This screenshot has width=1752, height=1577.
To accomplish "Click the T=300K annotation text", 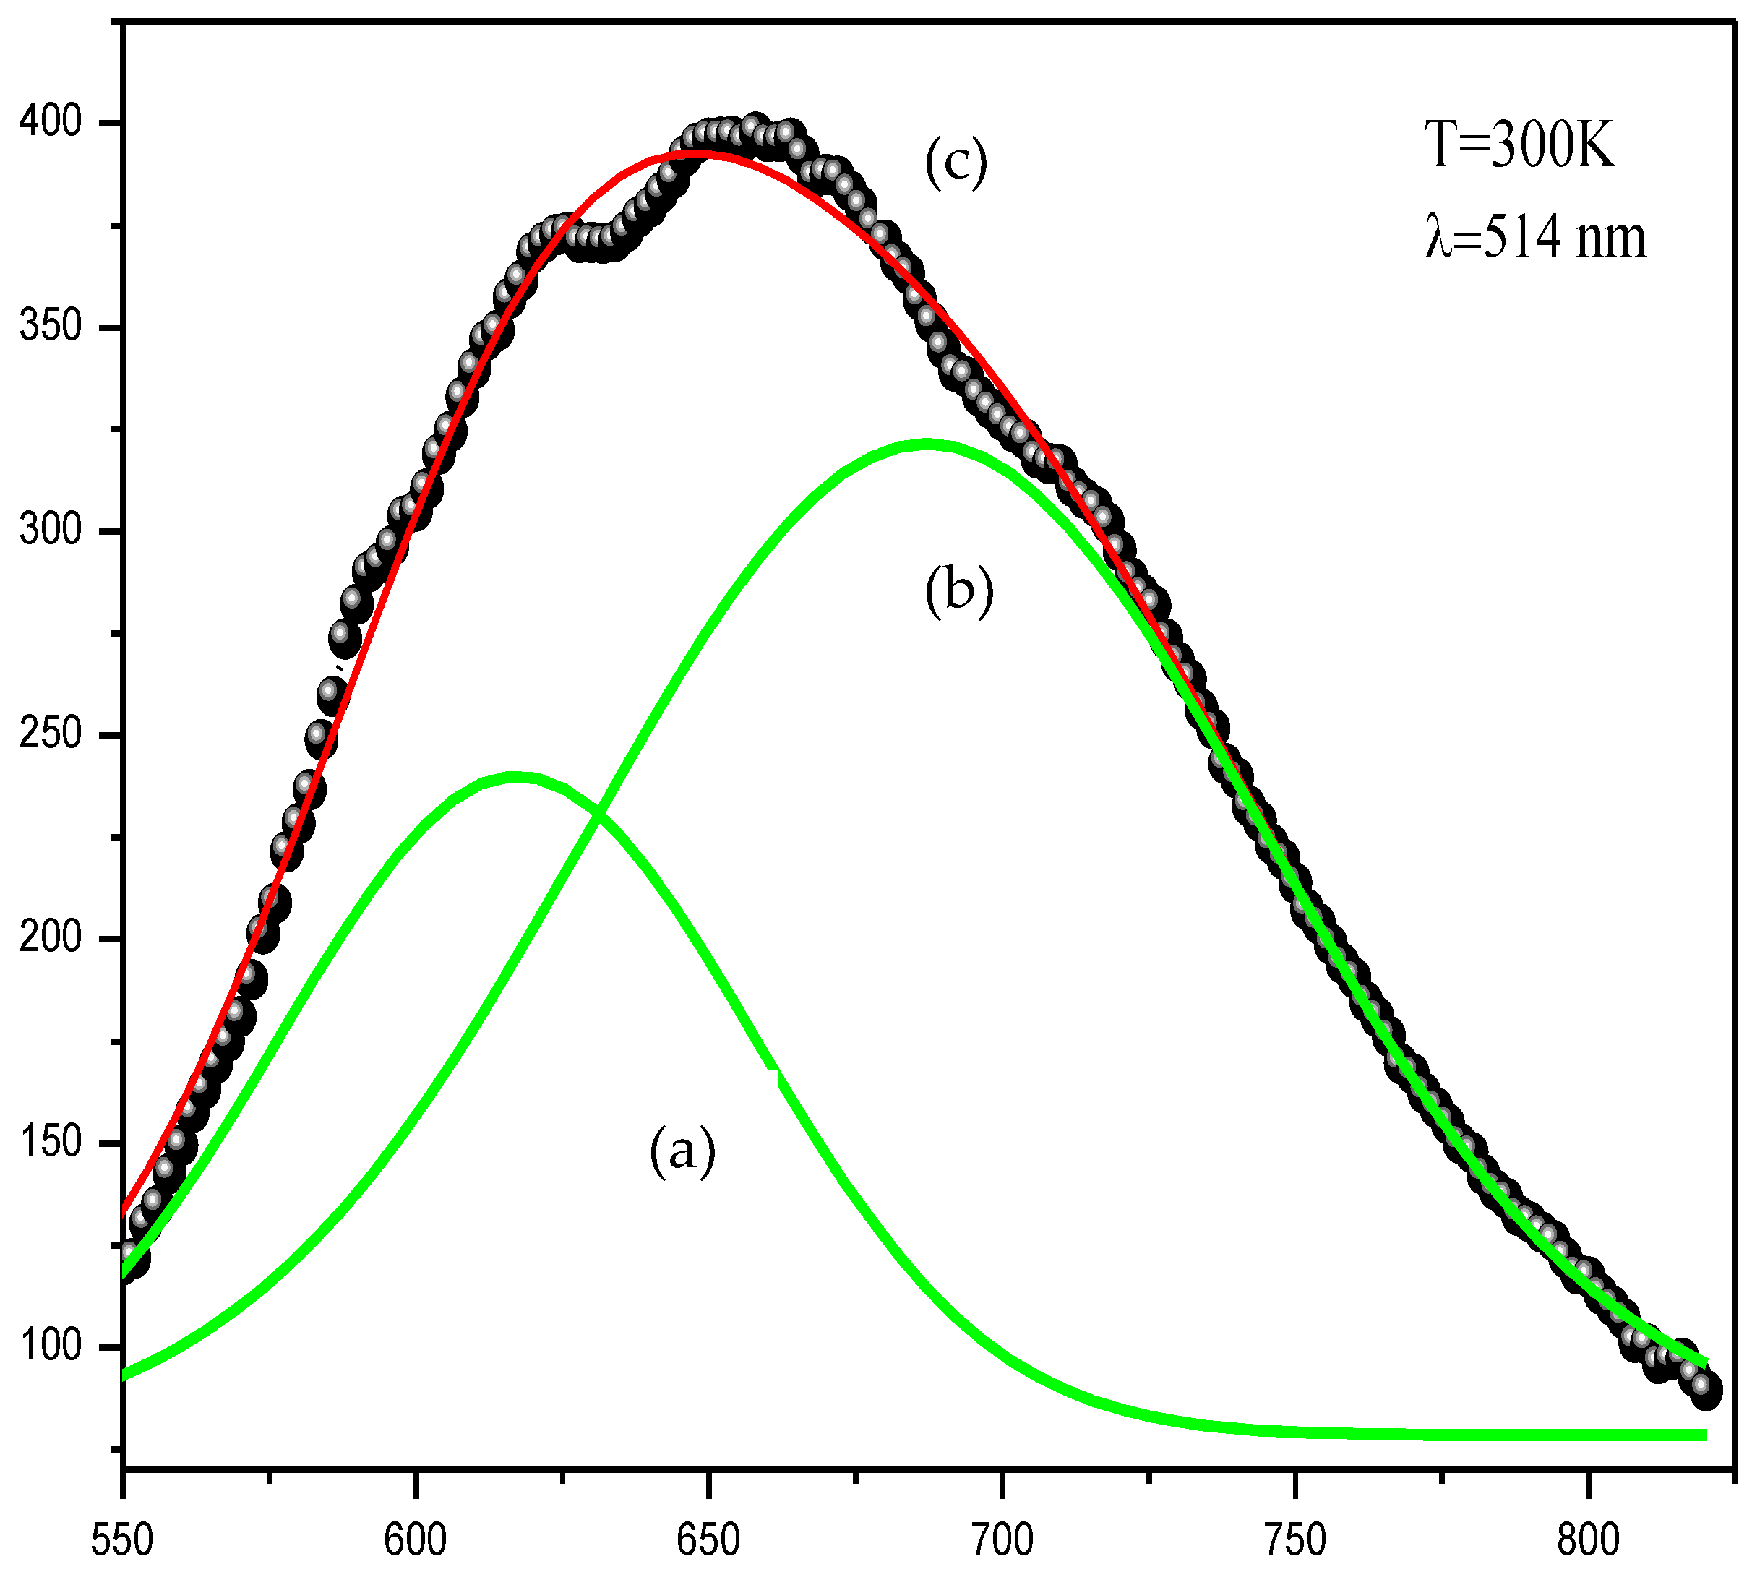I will click(1521, 145).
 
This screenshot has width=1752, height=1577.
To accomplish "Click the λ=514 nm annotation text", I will click(1535, 237).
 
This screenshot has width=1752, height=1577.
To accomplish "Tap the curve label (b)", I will click(958, 593).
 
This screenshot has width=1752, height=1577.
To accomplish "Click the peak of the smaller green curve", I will click(516, 776).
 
